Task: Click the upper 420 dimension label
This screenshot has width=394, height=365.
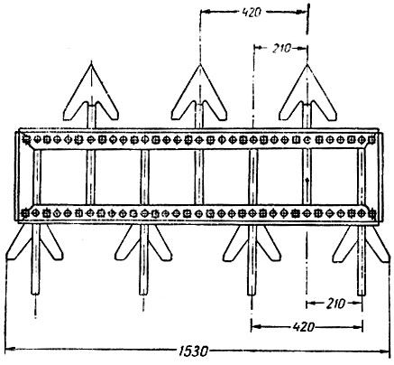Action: pyautogui.click(x=252, y=13)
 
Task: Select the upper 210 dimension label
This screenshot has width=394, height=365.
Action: pyautogui.click(x=282, y=48)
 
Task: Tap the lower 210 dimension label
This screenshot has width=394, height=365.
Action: pyautogui.click(x=335, y=304)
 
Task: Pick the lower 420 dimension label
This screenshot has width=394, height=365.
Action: pyautogui.click(x=304, y=327)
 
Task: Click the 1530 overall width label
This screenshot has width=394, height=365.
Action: pyautogui.click(x=193, y=351)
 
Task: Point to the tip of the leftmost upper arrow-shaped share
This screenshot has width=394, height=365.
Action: pyautogui.click(x=91, y=63)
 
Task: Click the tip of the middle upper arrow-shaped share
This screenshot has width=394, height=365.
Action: pyautogui.click(x=199, y=65)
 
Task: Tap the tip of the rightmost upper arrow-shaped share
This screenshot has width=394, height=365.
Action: pyautogui.click(x=307, y=64)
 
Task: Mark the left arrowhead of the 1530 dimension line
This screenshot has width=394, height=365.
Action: pyautogui.click(x=10, y=350)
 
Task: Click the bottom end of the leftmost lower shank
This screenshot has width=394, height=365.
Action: pyautogui.click(x=35, y=294)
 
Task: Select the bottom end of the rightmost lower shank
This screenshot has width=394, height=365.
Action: pyautogui.click(x=362, y=295)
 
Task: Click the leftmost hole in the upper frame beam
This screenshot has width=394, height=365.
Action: pyautogui.click(x=27, y=139)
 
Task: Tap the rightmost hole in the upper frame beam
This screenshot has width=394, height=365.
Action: pyautogui.click(x=371, y=139)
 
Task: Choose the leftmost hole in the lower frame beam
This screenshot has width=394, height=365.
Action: pyautogui.click(x=25, y=213)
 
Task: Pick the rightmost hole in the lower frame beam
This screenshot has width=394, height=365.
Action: pyautogui.click(x=372, y=213)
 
